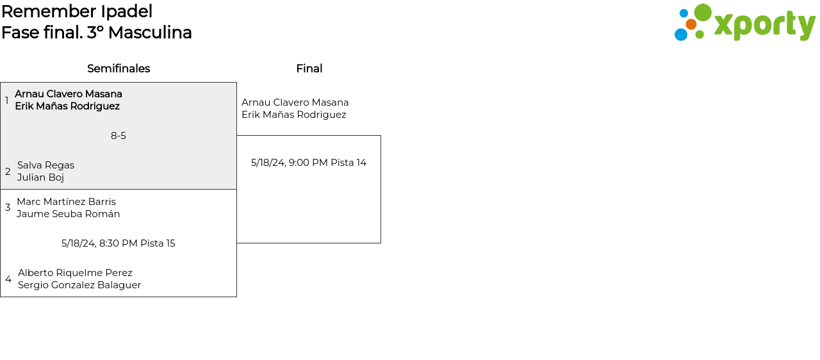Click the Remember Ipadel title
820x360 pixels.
click(x=77, y=12)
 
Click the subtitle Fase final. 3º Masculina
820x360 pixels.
click(x=97, y=33)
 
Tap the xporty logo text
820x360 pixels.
click(x=764, y=25)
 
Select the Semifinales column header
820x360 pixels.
click(x=119, y=69)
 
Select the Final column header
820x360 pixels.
click(x=309, y=69)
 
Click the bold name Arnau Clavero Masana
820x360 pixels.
click(x=69, y=94)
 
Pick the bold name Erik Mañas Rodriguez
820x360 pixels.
click(x=67, y=106)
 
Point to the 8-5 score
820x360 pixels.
click(x=119, y=136)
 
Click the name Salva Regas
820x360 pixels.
click(x=45, y=165)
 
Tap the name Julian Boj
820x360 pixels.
click(x=40, y=177)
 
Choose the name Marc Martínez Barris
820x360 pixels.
click(x=66, y=202)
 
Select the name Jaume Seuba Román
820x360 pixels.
click(x=68, y=214)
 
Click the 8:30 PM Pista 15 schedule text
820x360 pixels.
click(x=119, y=243)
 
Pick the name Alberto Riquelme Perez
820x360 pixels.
click(x=75, y=273)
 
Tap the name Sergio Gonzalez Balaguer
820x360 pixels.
click(x=79, y=285)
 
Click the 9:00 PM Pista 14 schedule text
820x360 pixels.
click(x=309, y=163)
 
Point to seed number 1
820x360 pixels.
click(x=7, y=101)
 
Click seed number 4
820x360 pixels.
click(x=8, y=279)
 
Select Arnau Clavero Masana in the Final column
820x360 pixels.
click(x=295, y=102)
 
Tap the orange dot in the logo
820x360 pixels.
click(x=691, y=24)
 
